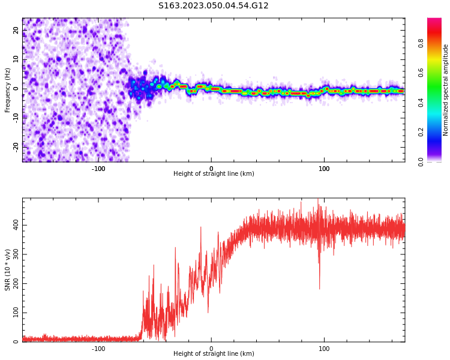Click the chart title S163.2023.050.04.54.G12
click(213, 6)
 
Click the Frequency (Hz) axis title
click(8, 90)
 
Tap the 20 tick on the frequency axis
click(17, 31)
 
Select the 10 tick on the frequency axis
click(17, 59)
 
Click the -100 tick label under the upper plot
click(98, 168)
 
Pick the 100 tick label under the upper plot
click(324, 168)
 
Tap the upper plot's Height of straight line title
click(214, 174)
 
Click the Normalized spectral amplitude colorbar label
click(446, 90)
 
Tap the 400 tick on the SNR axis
click(14, 225)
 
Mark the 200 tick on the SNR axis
click(14, 284)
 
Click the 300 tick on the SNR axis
click(14, 254)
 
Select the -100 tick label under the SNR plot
click(98, 348)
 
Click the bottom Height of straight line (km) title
click(214, 354)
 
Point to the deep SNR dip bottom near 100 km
click(319, 289)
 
